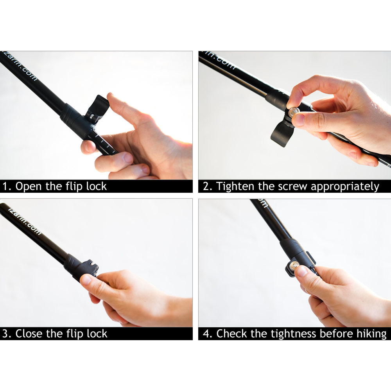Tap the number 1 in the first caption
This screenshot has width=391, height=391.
point(5,186)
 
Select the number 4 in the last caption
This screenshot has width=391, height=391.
point(206,334)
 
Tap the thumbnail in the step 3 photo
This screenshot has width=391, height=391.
point(86,279)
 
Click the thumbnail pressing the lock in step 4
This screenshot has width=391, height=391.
point(301,271)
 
